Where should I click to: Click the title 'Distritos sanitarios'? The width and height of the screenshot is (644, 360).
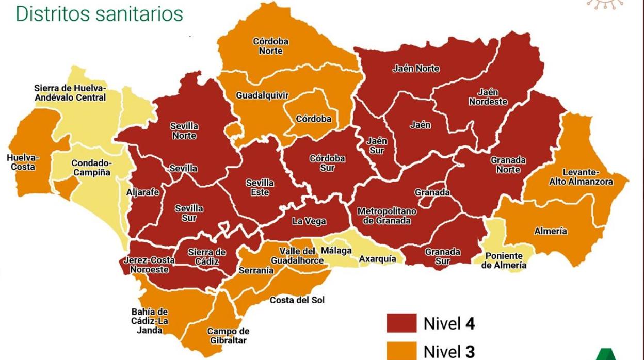[99, 14]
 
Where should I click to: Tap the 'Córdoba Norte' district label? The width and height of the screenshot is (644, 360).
[270, 46]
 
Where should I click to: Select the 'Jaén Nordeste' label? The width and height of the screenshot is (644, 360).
[488, 97]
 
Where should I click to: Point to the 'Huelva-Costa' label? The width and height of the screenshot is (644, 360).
[23, 162]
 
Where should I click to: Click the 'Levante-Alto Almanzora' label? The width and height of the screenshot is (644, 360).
[587, 177]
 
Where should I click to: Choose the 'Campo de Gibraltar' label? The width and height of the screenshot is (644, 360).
[228, 336]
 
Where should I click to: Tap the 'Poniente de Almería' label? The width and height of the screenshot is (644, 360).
[504, 260]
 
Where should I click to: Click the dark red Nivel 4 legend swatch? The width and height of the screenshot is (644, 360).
[401, 323]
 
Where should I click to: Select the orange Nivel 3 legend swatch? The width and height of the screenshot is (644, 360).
[401, 351]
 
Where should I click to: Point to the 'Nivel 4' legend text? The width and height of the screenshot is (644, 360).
[449, 323]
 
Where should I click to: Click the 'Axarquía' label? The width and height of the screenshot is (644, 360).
[378, 259]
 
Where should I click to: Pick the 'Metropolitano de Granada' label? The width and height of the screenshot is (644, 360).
[387, 216]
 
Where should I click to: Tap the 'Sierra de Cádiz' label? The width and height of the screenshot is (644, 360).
[206, 257]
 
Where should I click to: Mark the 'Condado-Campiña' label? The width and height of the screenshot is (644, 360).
[91, 168]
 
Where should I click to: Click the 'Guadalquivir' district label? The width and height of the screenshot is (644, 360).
[262, 95]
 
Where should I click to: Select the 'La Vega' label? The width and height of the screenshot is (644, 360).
[309, 222]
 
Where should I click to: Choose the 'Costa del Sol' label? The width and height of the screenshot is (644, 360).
[297, 300]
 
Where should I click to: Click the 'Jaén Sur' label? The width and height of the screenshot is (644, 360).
[376, 145]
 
